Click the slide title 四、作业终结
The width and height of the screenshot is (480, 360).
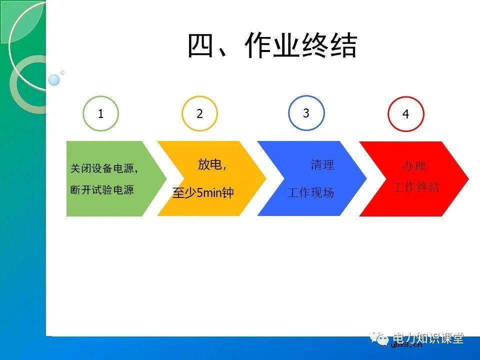[272, 46]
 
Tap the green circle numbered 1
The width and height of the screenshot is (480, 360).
[100, 114]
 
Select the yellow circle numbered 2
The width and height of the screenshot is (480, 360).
[199, 114]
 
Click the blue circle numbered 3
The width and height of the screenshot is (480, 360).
[306, 113]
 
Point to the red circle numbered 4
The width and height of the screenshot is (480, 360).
[405, 114]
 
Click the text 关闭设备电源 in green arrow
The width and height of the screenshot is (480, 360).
[103, 169]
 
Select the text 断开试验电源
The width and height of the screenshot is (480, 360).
[102, 190]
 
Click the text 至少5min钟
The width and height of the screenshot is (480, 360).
[203, 193]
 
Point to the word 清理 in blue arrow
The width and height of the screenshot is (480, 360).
[322, 165]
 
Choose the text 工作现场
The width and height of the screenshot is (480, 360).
[310, 192]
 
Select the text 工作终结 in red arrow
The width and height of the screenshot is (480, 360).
[416, 187]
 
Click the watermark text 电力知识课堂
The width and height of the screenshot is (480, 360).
[428, 338]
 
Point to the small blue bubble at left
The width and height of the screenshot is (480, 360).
[54, 80]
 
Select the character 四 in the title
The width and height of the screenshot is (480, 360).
[200, 46]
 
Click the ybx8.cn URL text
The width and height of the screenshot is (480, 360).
[406, 344]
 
